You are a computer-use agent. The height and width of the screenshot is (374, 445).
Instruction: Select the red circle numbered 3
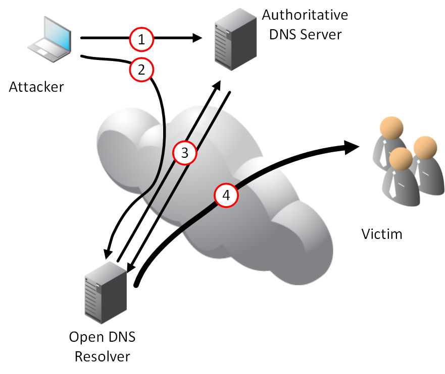click(x=184, y=153)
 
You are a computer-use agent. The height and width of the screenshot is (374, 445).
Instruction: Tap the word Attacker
click(x=36, y=87)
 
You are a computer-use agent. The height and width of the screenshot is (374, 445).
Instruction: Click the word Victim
click(x=382, y=234)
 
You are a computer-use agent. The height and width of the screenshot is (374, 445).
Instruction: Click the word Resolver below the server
click(x=103, y=356)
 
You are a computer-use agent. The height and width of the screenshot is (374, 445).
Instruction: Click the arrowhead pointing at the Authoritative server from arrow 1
click(x=197, y=38)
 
